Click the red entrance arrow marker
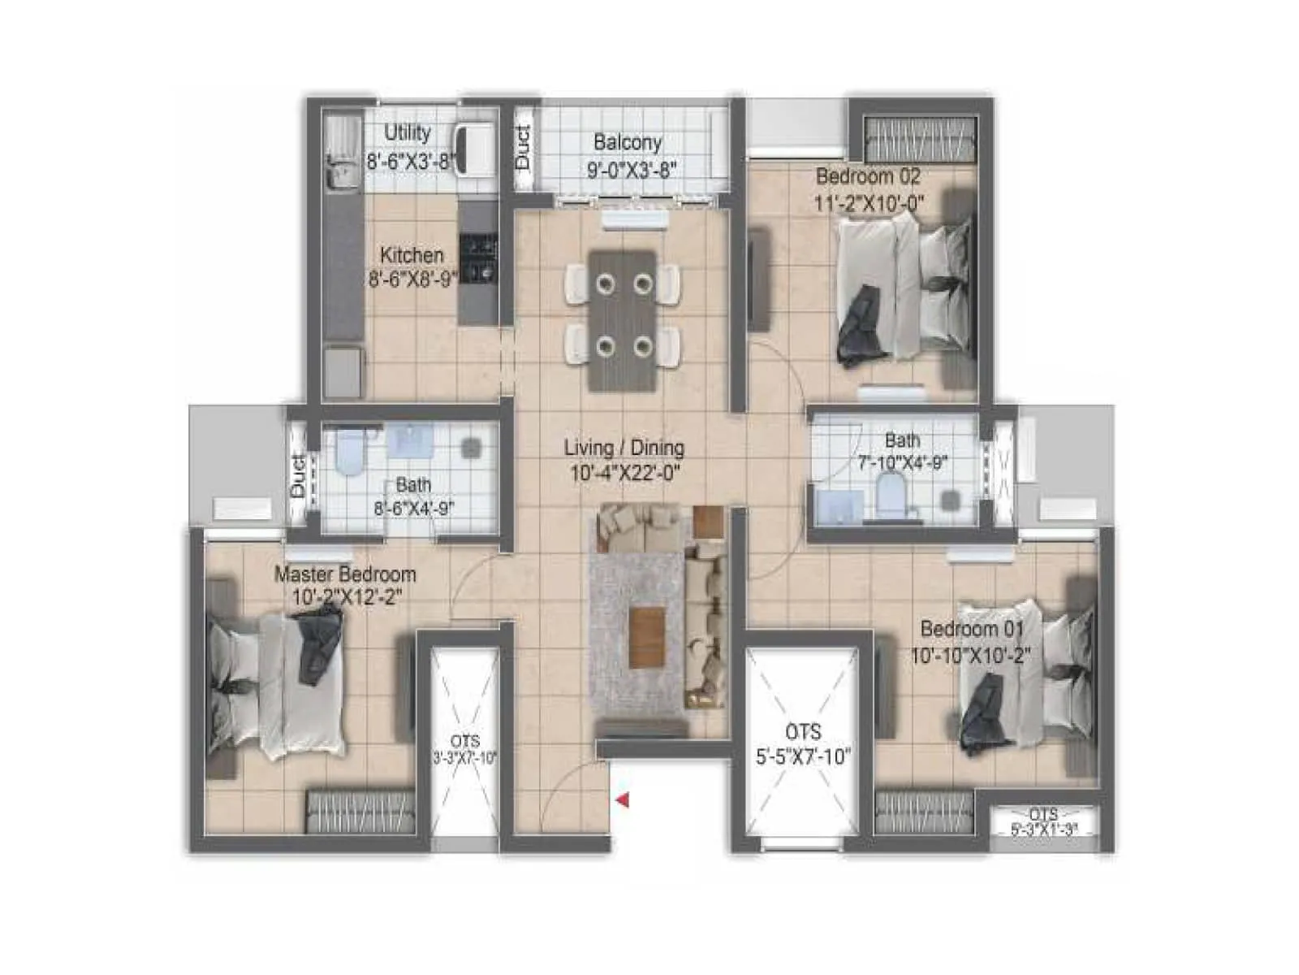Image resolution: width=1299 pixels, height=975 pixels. point(624,801)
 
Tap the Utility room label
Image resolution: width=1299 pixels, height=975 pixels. point(407,132)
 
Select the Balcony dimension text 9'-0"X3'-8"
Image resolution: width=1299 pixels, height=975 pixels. point(632,169)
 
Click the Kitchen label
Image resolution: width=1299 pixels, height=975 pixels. point(412,255)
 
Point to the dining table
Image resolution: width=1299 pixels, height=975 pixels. point(623,321)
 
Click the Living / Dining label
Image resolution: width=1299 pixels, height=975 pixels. point(624,448)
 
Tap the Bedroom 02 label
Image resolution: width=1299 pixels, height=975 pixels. point(867,175)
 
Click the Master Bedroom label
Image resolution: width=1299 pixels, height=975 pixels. point(345,574)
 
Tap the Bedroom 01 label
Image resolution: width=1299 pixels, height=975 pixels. point(971,629)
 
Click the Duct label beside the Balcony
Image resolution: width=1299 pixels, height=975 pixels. point(523,147)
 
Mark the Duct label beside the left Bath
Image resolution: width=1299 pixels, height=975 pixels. point(298,476)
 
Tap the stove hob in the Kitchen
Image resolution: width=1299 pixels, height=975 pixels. point(477,259)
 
